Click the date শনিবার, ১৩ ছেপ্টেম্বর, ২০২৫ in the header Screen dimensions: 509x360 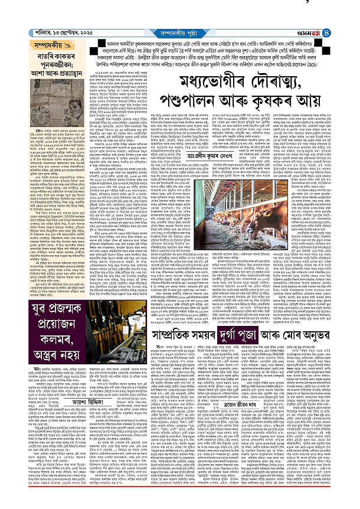[x=41, y=23]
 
